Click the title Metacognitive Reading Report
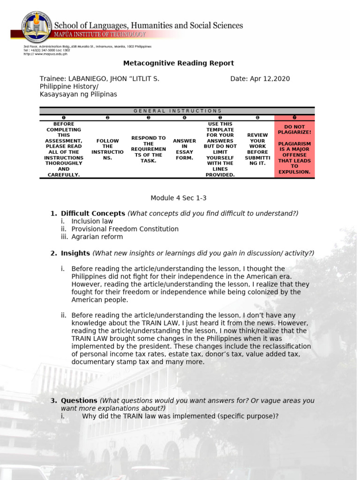click(x=178, y=63)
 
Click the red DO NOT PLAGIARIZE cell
click(x=294, y=149)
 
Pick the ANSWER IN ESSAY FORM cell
click(x=184, y=149)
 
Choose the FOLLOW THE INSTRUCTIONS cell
click(x=107, y=149)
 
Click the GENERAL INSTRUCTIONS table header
click(x=177, y=111)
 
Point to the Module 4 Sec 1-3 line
click(x=178, y=198)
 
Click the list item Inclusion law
click(x=92, y=221)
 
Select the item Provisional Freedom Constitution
click(x=125, y=229)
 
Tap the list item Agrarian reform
click(x=97, y=237)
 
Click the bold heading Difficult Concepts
click(x=93, y=214)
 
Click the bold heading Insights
click(x=75, y=253)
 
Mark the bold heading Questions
click(x=79, y=401)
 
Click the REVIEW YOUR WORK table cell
click(x=257, y=149)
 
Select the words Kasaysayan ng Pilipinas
click(x=78, y=94)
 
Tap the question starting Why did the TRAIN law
click(x=180, y=416)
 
